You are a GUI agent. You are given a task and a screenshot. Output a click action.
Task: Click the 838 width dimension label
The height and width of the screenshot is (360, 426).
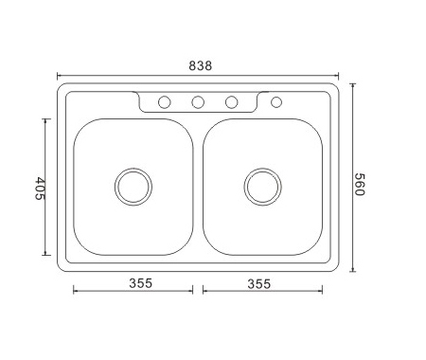point(201,65)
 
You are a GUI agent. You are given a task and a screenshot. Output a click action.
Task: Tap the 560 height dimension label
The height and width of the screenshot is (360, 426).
point(360,185)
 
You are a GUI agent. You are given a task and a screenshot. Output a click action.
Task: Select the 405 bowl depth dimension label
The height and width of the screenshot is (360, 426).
point(40,189)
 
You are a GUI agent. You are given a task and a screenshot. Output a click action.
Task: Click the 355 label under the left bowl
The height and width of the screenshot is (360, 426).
point(141,283)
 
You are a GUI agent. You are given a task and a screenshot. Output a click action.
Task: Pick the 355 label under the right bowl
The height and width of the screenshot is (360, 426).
point(259,284)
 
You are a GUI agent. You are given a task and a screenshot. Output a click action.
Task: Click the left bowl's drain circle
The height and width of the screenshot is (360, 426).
point(133,187)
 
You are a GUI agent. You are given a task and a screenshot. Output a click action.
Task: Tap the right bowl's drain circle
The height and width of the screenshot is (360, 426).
point(263,187)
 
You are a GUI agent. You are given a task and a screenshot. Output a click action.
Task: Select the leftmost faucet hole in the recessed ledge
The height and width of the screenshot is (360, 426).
point(165,102)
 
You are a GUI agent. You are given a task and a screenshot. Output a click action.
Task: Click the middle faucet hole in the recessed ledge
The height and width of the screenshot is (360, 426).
point(198,102)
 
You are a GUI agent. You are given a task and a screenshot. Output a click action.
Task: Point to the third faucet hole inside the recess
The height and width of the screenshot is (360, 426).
point(231,102)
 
